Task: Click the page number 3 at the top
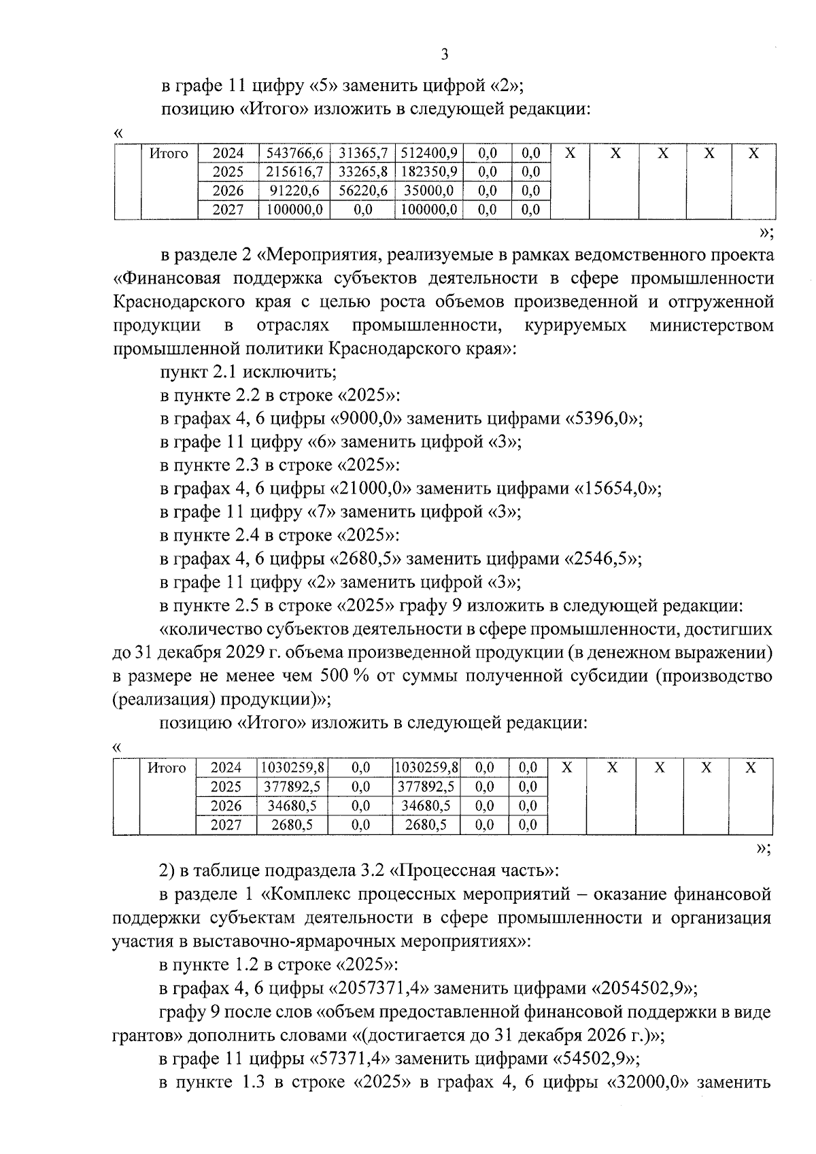pos(445,55)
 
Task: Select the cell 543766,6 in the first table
pos(294,153)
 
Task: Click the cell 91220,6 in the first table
pos(294,191)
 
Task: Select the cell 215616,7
pos(294,172)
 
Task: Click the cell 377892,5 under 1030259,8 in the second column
pos(292,787)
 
